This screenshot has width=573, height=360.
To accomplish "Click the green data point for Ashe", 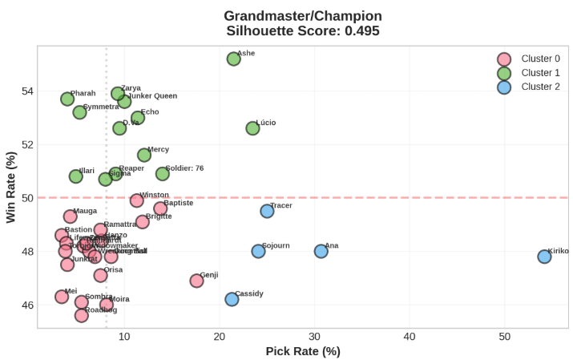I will (x=233, y=59).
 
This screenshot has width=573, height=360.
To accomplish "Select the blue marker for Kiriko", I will (x=544, y=257).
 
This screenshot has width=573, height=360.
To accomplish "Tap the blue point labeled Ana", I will (x=321, y=251).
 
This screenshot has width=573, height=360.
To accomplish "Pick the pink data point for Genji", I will (x=196, y=281).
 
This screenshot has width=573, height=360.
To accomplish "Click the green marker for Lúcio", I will (x=252, y=128).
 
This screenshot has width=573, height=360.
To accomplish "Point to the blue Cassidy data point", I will (x=232, y=299).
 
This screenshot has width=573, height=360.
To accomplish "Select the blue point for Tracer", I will (x=267, y=211).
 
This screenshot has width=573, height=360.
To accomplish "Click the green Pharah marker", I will (x=67, y=99).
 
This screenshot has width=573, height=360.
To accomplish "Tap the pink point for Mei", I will (x=62, y=297).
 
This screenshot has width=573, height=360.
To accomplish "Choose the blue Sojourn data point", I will (x=258, y=251).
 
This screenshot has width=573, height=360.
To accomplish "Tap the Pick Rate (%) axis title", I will (x=303, y=351).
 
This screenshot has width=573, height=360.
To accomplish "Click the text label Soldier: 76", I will (x=184, y=168).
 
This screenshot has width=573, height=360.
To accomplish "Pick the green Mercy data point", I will (x=144, y=155).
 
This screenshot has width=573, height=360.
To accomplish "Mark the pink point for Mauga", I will (x=70, y=216).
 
